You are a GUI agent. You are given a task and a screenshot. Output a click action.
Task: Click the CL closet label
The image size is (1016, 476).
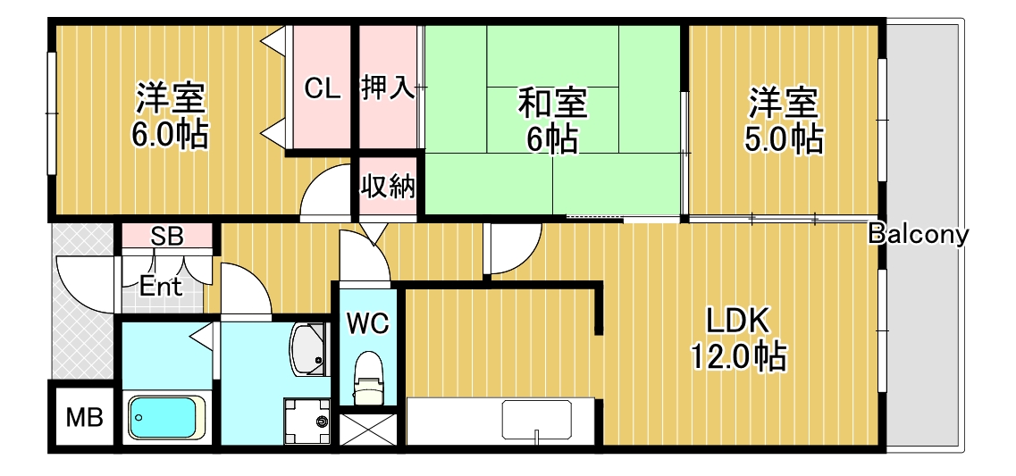pos(323,88)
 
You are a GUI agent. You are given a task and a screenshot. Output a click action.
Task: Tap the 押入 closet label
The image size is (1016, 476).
pos(388,88)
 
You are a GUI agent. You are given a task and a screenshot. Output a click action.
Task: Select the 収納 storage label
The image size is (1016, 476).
pos(388,187)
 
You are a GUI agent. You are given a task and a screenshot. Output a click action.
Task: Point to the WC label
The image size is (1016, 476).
pos(368,323)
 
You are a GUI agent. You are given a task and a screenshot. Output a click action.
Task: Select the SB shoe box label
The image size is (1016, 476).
pos(167,237)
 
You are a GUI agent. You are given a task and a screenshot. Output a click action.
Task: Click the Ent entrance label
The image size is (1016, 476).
pos(162,287)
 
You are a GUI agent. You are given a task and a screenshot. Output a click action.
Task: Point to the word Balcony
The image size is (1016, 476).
pos(918,235)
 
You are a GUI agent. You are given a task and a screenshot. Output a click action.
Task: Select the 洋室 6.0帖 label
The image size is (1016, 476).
pos(171,116)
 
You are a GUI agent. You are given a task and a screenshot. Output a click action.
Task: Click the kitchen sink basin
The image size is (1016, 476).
pos(536,420)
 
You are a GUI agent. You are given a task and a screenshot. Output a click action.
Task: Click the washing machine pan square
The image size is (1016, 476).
pos(306,419)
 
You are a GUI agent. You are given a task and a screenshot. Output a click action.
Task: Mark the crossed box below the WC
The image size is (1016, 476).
pos(366,430)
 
